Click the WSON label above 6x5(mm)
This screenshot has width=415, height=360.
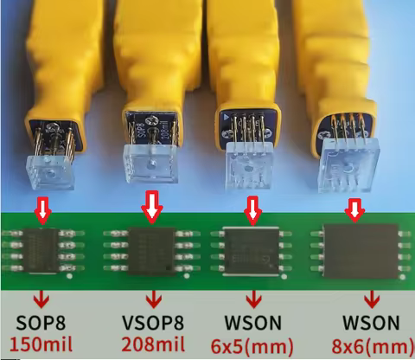(x=253, y=324)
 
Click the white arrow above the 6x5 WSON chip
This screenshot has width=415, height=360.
(x=252, y=208)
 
